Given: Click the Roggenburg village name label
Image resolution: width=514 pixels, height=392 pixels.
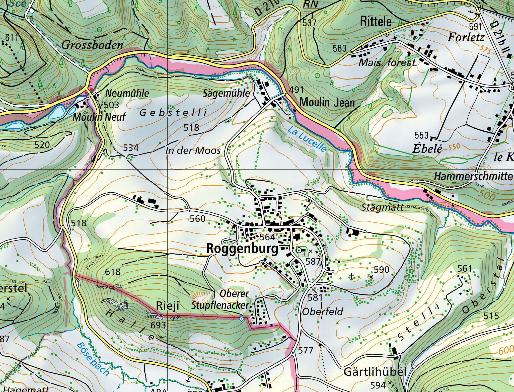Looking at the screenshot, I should click(242, 249).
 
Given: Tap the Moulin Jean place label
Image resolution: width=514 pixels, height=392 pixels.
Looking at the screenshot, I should click(327, 103).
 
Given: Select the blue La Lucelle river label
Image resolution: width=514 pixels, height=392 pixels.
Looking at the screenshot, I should click(307, 139).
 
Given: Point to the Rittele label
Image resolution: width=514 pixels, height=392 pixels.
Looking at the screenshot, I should click(376, 22).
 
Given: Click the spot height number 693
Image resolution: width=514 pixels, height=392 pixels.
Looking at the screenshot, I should click(158, 325).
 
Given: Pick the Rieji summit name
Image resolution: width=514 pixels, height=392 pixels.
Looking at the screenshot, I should click(168, 306).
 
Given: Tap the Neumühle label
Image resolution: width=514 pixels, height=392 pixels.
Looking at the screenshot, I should click(127, 94).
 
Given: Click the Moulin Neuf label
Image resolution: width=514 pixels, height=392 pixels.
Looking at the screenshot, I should click(99, 117).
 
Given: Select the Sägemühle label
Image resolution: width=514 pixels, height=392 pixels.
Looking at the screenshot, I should click(226, 93).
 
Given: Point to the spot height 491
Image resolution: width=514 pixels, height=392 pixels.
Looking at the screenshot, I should click(296, 90).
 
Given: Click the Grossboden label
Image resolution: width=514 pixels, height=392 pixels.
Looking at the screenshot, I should click(92, 45).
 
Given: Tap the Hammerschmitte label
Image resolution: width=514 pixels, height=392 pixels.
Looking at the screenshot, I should click(473, 176).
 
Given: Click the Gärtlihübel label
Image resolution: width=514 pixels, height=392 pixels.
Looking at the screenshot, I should click(375, 372).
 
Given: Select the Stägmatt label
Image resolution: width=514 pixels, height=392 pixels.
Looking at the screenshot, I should click(383, 207).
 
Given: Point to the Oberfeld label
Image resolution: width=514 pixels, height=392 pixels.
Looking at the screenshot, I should click(322, 312).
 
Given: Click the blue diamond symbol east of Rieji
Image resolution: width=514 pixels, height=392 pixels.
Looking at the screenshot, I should click(241, 319).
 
